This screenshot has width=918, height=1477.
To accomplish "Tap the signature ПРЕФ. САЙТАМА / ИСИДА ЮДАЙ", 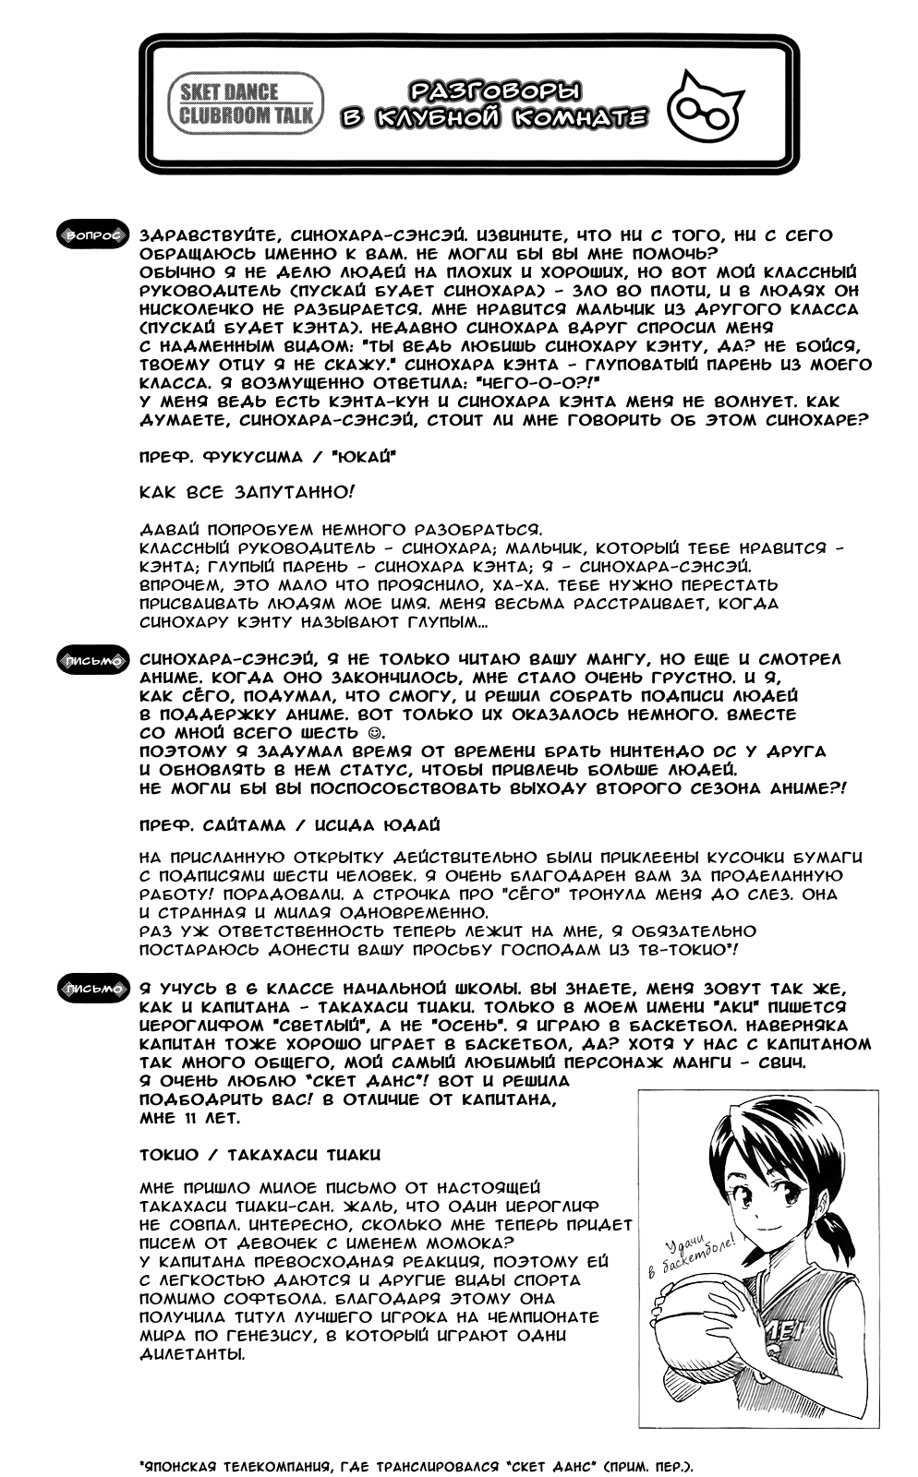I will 289,824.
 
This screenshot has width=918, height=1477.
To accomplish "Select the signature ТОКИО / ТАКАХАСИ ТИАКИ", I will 260,1154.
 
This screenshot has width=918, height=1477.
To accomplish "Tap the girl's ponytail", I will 836,1227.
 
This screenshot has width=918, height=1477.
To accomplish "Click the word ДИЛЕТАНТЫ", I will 193,1354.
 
